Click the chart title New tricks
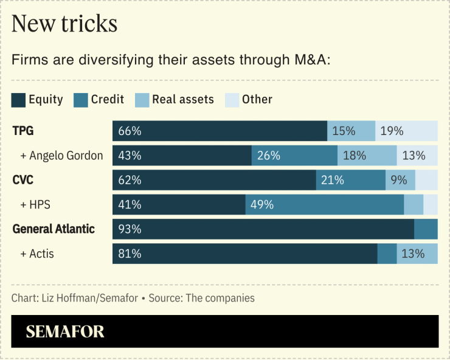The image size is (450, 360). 64,24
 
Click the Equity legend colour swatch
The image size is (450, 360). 18,100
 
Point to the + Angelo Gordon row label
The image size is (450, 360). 61,156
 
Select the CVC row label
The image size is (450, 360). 24,180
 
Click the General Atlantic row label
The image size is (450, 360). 54,229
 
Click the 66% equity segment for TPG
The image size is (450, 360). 220,131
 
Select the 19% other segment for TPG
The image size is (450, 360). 406,131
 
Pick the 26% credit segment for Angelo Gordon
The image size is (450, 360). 294,156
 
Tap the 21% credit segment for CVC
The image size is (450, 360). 350,180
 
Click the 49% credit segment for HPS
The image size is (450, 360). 324,204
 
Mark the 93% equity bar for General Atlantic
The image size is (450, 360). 263,229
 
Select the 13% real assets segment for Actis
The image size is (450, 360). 417,254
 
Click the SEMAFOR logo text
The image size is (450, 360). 65,331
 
